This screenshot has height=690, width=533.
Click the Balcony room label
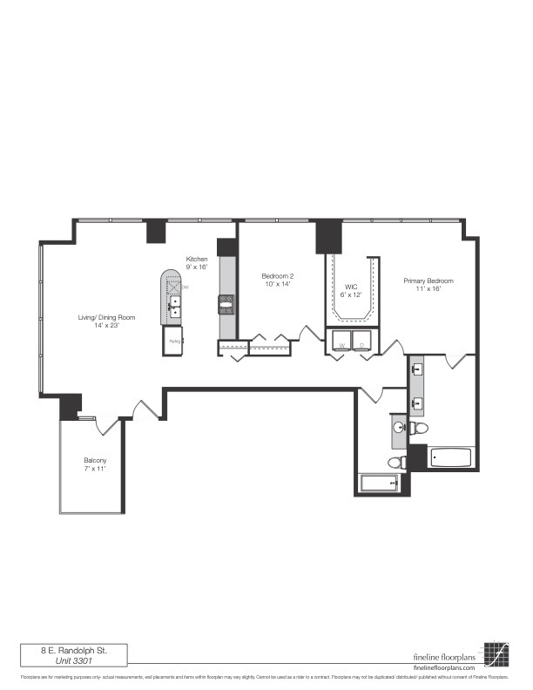coord(95,460)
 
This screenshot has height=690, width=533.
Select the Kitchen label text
coord(196,259)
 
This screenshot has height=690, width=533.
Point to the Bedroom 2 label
coord(278,275)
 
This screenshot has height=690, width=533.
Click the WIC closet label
coord(352,286)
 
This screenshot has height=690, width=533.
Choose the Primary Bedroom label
coord(428,281)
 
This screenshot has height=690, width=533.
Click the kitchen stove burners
coord(226,304)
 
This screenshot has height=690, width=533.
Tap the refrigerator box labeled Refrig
coord(173,341)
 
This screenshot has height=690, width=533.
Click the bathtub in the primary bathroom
coord(451,457)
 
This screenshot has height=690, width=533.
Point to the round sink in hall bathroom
coord(400,428)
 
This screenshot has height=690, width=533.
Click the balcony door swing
coord(107,426)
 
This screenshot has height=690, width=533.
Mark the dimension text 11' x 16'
coord(428,289)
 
